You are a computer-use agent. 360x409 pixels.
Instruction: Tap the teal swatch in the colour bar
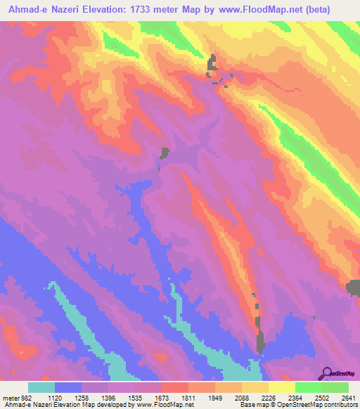point(41,388)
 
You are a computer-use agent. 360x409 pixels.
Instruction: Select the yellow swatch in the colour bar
point(281,388)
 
